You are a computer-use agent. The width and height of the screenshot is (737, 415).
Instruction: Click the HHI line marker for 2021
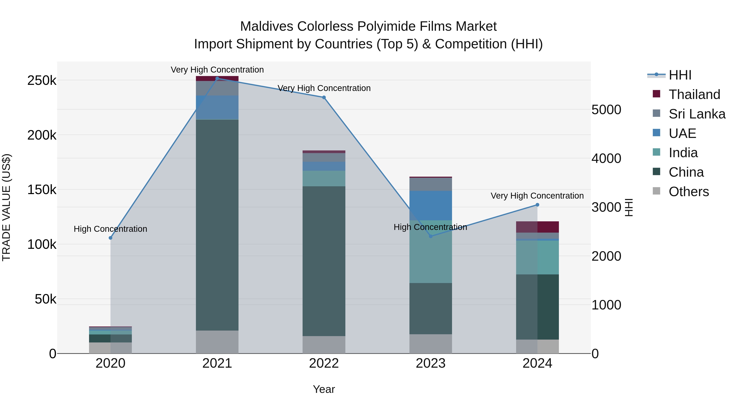pos(217,78)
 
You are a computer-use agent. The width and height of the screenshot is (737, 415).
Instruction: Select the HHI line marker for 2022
pos(324,97)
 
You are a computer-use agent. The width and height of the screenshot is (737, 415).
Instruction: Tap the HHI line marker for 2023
pos(431,236)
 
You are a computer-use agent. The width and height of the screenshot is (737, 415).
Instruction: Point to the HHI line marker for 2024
pos(537,205)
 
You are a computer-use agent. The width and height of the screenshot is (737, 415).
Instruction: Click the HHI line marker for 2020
pos(110,238)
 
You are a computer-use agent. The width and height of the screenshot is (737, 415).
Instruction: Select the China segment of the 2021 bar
pos(217,225)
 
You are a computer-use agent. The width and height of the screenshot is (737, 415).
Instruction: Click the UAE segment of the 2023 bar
pos(431,205)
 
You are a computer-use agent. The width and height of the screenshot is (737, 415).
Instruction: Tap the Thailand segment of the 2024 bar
pos(537,227)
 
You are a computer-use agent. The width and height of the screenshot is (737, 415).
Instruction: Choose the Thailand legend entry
pos(694,94)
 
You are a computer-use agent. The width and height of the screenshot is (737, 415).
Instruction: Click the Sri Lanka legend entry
pos(697,114)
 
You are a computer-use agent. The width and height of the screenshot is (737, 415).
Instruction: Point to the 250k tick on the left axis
pos(42,81)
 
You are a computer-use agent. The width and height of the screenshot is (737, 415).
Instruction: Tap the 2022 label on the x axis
pos(324,363)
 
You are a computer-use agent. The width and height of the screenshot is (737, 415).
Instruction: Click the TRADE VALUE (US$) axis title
pos(7,207)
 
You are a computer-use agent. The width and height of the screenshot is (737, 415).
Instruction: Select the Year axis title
pos(324,389)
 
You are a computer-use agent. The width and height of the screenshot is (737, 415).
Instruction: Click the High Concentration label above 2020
pos(110,229)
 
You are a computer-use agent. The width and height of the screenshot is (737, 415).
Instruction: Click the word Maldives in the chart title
pos(266,26)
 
